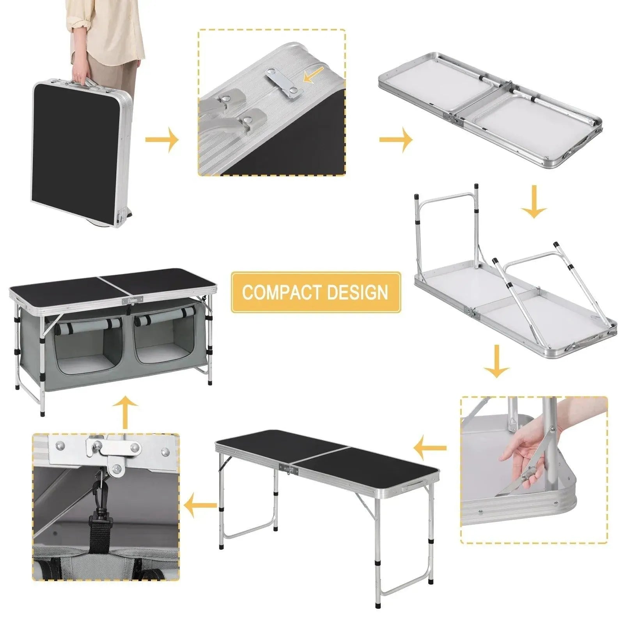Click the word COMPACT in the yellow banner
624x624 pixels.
point(282,292)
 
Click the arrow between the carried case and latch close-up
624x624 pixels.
point(161,139)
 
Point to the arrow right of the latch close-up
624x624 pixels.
point(395,139)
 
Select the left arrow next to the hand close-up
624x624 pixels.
point(430,448)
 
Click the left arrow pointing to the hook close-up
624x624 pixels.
point(200,505)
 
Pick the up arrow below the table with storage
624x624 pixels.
point(125,411)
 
